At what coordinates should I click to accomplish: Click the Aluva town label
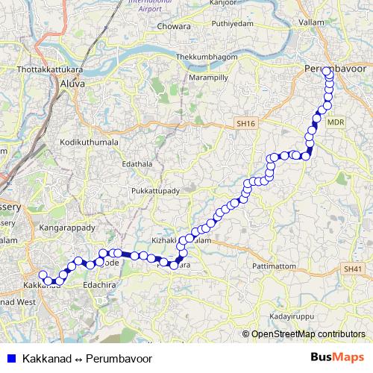point(74,85)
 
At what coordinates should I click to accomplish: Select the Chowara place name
point(175,28)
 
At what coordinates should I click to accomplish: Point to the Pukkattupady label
point(155,192)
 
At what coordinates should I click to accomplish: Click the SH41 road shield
point(353,267)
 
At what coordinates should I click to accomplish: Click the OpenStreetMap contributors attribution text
point(307,333)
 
